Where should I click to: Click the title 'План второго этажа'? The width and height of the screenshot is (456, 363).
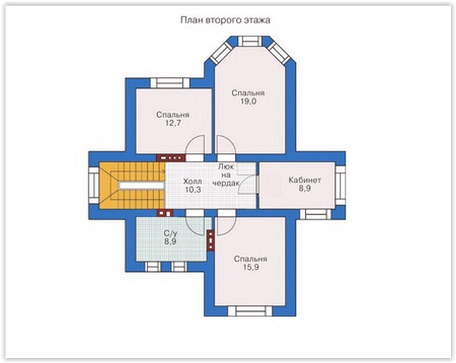[226, 20]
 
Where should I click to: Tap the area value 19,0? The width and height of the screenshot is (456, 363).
[248, 102]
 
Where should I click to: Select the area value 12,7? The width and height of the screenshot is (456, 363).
[173, 123]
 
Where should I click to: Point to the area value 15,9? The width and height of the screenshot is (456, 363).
[251, 267]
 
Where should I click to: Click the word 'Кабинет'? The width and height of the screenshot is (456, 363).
[304, 180]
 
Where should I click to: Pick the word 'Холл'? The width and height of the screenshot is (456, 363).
[192, 181]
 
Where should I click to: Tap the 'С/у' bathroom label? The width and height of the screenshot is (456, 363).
[170, 234]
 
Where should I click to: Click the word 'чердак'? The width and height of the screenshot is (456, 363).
[226, 183]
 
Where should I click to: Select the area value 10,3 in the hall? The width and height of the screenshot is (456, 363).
[193, 190]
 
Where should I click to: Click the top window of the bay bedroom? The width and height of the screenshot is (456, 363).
[250, 41]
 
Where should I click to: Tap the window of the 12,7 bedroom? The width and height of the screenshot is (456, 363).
[170, 83]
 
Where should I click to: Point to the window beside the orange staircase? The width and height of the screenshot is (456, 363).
[94, 185]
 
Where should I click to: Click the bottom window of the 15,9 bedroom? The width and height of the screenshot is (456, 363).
[250, 311]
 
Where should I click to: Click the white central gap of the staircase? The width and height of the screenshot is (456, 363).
[141, 186]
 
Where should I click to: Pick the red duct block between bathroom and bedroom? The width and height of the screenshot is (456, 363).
[210, 240]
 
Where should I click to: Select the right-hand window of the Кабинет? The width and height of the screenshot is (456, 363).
[340, 186]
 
